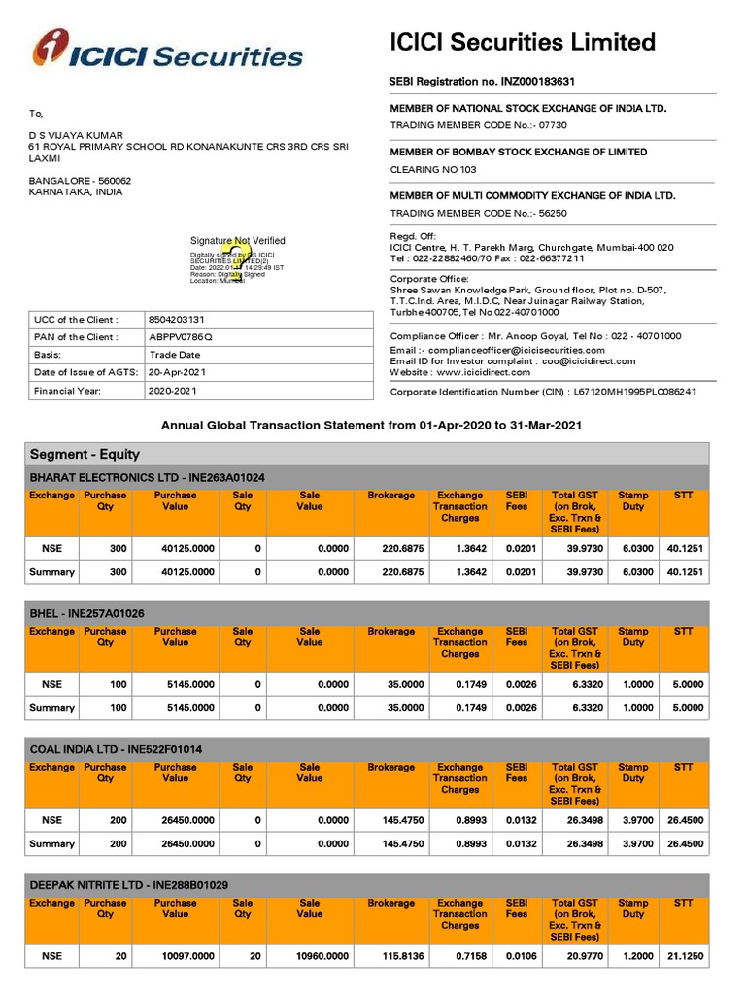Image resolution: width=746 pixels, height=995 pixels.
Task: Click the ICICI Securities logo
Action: (x=167, y=52)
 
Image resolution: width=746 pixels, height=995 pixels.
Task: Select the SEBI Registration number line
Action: (x=489, y=82)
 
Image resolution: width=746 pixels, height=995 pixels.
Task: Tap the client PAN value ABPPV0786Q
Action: (x=179, y=337)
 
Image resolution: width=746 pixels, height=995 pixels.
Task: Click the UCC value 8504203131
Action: (x=176, y=319)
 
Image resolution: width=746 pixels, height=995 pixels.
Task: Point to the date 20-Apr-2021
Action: (x=177, y=373)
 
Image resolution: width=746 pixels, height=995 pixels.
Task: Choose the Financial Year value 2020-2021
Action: (x=173, y=391)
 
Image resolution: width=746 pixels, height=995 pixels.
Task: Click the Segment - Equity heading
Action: (x=85, y=454)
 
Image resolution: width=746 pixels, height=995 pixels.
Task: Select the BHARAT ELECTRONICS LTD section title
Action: (x=148, y=478)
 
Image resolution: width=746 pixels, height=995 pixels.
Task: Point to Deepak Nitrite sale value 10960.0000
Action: (x=322, y=957)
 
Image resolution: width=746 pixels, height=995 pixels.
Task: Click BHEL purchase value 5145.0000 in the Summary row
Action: (x=187, y=708)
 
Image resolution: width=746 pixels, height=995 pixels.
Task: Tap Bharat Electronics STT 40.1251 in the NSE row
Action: (x=684, y=549)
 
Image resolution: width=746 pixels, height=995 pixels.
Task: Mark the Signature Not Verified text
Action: (x=237, y=240)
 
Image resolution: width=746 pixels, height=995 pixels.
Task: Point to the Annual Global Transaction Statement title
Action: (x=372, y=426)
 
